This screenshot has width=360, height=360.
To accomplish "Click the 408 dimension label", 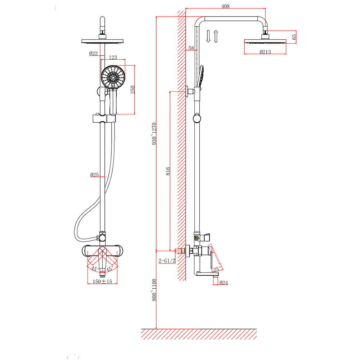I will click(x=225, y=6).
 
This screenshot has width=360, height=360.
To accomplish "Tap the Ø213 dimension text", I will click(x=265, y=52).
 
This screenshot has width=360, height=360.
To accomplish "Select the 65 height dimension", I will click(x=294, y=37).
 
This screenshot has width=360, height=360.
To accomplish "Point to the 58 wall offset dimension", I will click(x=191, y=48).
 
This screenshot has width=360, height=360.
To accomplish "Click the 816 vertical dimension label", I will click(x=168, y=171).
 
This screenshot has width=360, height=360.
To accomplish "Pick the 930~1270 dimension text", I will click(x=154, y=134).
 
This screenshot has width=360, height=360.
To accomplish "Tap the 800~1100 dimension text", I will click(x=154, y=290).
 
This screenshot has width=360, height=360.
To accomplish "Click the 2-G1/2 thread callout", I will click(x=167, y=261).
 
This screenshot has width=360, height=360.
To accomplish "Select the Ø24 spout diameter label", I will click(x=224, y=283).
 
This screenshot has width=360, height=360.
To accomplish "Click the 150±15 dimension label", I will click(x=103, y=282).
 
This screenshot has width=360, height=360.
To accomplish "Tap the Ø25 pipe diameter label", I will click(x=94, y=175).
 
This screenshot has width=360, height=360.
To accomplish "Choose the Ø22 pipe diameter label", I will click(x=93, y=54).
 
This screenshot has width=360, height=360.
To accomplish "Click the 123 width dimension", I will click(x=113, y=57).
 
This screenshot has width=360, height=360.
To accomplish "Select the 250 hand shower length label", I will click(x=132, y=90).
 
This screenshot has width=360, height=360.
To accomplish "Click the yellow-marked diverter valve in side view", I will click(x=196, y=238).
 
